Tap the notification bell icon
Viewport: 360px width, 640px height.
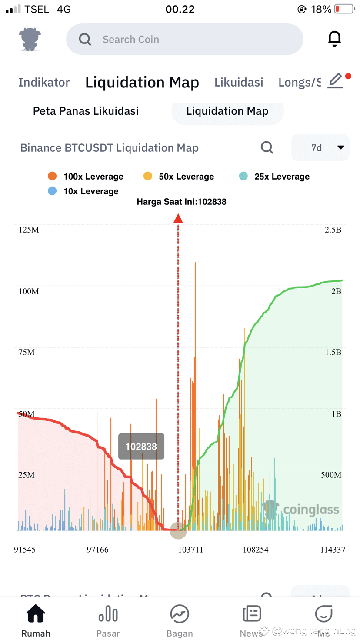(334, 39)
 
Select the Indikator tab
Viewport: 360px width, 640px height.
(44, 82)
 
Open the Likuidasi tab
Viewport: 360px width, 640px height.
(239, 82)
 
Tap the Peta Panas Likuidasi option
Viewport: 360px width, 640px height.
(86, 111)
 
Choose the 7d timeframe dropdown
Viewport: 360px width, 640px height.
(320, 148)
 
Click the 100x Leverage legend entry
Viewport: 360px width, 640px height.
(86, 177)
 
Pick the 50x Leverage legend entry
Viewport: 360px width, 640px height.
(179, 177)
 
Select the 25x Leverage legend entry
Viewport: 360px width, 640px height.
(274, 177)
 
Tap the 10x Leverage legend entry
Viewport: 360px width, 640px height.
(83, 191)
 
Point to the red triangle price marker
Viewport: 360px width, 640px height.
(178, 218)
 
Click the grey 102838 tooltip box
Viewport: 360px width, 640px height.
(141, 447)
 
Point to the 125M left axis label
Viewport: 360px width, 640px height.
(29, 230)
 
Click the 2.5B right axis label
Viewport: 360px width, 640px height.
(333, 230)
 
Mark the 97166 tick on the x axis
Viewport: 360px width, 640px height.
(98, 550)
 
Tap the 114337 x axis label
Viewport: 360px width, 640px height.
(333, 550)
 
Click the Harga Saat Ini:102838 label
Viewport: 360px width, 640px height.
(181, 202)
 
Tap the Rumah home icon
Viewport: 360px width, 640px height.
(36, 614)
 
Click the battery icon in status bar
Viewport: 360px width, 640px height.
(344, 9)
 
